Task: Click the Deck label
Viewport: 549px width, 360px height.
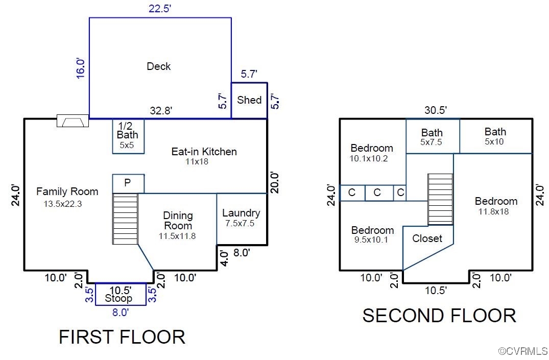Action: point(159,66)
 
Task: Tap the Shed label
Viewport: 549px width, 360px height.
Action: point(249,100)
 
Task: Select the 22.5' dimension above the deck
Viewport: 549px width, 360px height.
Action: point(160,8)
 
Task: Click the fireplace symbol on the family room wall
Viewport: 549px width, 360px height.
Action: point(73,121)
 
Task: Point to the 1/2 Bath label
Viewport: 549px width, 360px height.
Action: point(128,130)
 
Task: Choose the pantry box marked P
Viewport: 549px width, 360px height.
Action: point(128,183)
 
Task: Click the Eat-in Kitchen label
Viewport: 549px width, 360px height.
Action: point(204,152)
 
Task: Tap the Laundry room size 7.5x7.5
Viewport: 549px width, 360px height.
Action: point(240,224)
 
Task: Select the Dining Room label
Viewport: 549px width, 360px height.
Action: point(178,220)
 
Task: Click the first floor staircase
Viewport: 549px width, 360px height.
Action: point(125,219)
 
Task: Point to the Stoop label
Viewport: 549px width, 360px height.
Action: point(118,298)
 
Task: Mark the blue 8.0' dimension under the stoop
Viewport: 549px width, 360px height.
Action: point(121,312)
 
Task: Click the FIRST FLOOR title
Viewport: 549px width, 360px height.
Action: point(122,337)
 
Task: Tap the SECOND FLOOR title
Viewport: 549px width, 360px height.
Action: point(439,316)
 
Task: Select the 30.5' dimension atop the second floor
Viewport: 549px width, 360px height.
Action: point(436,110)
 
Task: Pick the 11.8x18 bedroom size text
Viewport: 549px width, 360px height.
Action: point(494,211)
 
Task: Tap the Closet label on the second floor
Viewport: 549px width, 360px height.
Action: point(427,238)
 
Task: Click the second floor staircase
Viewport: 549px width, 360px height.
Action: point(440,199)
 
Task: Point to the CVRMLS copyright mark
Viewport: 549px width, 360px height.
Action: point(523,351)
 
